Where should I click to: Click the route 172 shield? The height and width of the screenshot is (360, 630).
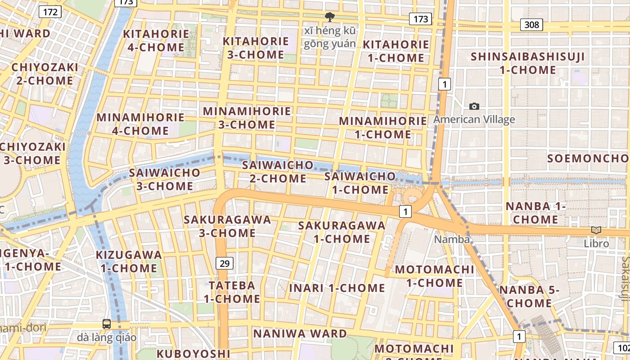tap(50, 12)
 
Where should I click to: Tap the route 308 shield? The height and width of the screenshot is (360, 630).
tap(531, 24)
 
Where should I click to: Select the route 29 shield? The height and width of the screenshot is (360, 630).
tap(224, 263)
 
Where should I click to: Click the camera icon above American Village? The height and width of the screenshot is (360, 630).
tap(474, 107)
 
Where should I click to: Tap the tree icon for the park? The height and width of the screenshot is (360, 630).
tap(330, 17)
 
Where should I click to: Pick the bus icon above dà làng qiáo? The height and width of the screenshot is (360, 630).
tap(107, 324)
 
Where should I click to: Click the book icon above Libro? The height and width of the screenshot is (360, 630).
tap(596, 230)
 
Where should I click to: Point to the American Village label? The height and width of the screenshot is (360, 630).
tap(474, 120)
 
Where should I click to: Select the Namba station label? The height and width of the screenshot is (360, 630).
tap(452, 239)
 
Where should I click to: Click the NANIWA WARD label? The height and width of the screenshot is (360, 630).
tap(300, 333)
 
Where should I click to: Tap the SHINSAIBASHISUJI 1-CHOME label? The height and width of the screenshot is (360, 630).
tap(528, 63)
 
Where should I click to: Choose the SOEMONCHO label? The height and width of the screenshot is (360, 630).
tap(587, 158)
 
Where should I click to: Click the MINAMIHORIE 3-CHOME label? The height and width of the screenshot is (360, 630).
tap(247, 118)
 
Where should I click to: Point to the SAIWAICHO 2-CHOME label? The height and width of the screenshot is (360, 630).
tap(278, 171)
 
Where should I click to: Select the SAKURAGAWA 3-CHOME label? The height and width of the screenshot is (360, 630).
tap(227, 226)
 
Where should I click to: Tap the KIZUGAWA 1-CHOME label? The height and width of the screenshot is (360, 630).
tap(129, 261)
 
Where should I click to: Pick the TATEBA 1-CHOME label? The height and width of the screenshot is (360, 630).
tap(232, 292)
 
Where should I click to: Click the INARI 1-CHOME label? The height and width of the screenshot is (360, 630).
tap(337, 288)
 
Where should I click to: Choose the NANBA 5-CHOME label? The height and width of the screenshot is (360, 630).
tap(529, 297)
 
